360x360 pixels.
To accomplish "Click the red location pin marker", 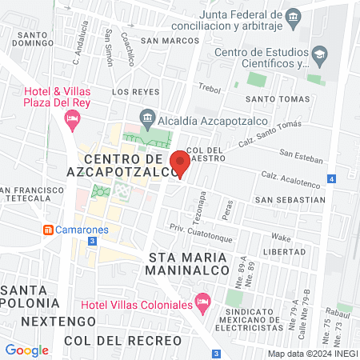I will click(x=180, y=163).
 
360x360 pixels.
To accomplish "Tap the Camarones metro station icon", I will click(x=48, y=230).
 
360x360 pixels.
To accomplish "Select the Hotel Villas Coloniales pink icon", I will click(x=203, y=305).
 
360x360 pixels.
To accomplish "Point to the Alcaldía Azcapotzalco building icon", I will click(x=146, y=116).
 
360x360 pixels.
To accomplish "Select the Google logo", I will click(x=26, y=350).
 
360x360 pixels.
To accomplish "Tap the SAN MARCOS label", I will click(x=169, y=40).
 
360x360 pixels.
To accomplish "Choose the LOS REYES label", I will click(x=130, y=92).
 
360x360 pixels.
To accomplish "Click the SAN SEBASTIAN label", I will click(x=290, y=198).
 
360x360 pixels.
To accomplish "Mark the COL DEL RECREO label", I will click(x=124, y=341).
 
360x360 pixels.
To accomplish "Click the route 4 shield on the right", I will click(x=331, y=179).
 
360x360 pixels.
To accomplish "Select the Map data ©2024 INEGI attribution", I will click(x=311, y=354).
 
